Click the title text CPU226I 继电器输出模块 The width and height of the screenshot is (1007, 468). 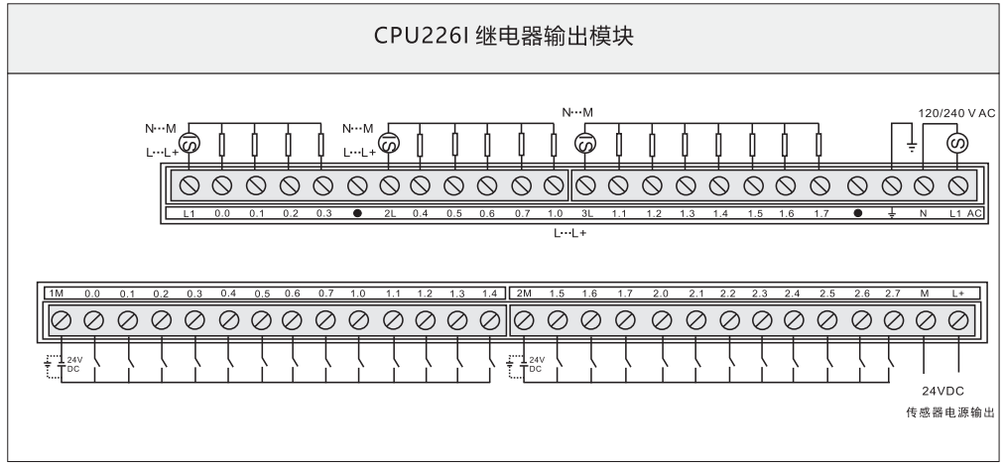point(502,37)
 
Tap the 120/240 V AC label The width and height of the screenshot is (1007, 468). point(958,113)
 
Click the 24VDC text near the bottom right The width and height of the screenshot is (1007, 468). point(944,391)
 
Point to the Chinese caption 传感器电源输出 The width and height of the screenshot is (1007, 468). point(949,412)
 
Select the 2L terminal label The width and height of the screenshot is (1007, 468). point(390,213)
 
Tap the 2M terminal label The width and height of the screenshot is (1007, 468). point(525,293)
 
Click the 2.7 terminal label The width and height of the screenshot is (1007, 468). point(891,293)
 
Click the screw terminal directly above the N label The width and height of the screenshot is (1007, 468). point(924,185)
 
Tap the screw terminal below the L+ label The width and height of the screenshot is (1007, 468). point(958,320)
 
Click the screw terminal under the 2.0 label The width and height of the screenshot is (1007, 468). point(661,320)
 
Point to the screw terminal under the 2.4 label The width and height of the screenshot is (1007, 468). point(793,320)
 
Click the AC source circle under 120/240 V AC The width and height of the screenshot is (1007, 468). point(958,147)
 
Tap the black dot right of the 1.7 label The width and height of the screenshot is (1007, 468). point(857,213)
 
